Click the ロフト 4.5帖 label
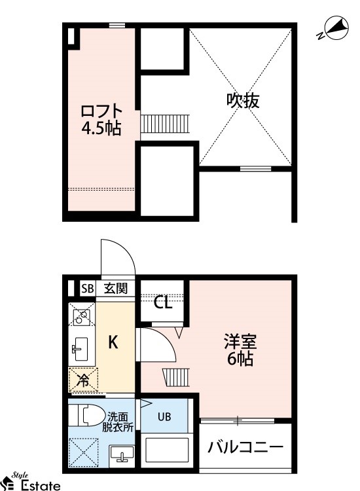click(101, 118)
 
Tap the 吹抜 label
click(243, 100)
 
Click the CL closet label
click(163, 302)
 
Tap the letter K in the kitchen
click(113, 342)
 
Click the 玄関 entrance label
click(115, 288)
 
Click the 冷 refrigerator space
click(82, 379)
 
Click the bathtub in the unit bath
click(166, 451)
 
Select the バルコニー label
click(245, 448)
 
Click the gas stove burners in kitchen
click(81, 318)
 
